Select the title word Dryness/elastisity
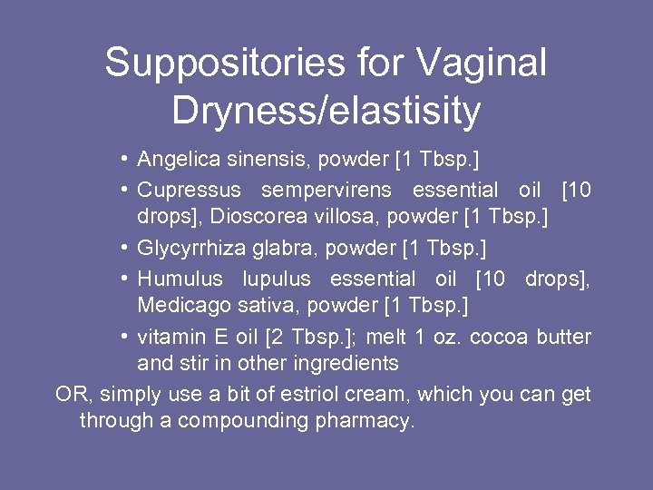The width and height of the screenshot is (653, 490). [x=326, y=111]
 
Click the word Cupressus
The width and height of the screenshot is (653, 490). [x=190, y=191]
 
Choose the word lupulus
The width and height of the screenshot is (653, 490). [x=276, y=279]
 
